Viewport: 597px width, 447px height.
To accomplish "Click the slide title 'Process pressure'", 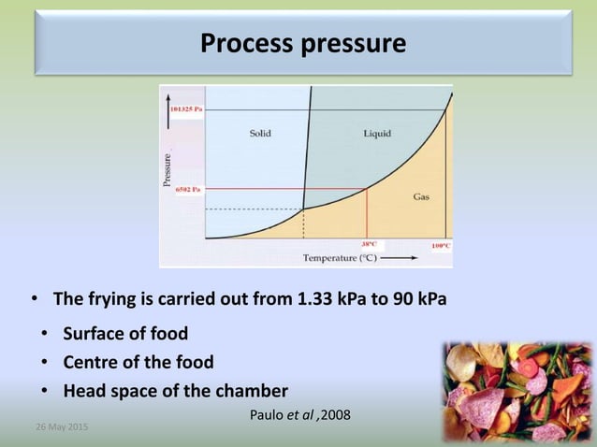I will pos(304,43).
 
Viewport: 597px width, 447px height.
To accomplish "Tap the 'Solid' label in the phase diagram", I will pos(260,134).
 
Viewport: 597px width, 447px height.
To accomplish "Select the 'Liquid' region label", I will pos(377,134).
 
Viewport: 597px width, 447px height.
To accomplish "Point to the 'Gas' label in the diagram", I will pos(421,196).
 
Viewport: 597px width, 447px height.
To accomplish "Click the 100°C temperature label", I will pos(441,245).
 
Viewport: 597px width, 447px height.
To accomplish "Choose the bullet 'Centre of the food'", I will pos(138,362).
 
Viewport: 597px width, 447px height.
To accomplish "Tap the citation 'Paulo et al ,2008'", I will pos(301,414).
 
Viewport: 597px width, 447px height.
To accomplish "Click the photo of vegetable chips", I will pos(517,391).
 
